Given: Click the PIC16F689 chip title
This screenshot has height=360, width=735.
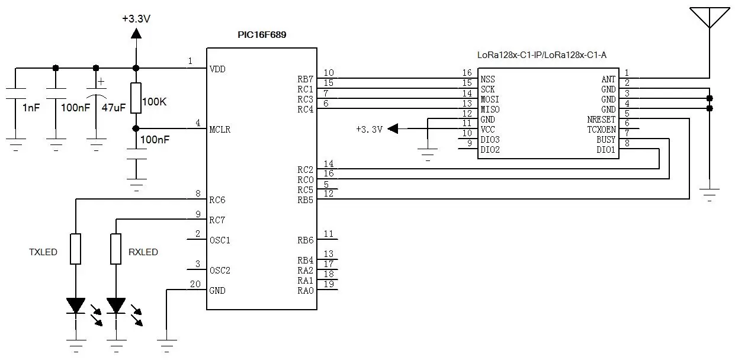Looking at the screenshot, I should pos(261,35).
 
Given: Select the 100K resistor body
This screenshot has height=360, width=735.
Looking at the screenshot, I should pos(136,98).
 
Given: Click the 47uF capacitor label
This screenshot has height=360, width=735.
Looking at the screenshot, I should pos(114,108).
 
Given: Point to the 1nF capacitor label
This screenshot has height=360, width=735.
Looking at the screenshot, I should pos(31,108).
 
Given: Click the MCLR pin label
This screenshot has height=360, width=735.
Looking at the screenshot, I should pos(220,129).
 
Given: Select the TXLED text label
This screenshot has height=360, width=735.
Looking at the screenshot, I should pos(43,252).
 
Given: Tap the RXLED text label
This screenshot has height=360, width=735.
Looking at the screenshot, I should pos(143,252).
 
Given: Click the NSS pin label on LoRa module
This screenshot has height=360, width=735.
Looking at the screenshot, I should pos(487,79).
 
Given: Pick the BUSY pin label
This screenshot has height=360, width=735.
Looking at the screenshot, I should pos(606,140).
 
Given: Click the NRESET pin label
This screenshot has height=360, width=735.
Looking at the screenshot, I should pos(601,120).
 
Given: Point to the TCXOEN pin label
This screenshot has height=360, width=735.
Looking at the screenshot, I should pos(601,130).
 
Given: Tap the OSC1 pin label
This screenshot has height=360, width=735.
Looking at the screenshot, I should pos(220,240).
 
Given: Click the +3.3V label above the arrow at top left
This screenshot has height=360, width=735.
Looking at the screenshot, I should pos(136,18).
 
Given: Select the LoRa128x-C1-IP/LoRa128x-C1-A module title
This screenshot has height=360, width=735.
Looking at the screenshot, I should pos(542,55).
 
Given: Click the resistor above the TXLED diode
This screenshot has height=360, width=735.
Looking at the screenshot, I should pos(75,249).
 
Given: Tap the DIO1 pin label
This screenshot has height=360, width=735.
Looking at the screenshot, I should pos(606,150).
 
